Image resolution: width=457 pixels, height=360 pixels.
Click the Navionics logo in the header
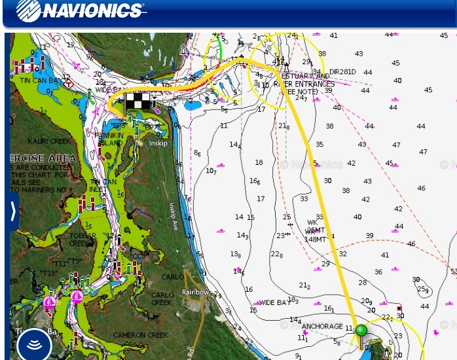80,10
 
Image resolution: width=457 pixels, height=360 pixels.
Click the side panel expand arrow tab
12,211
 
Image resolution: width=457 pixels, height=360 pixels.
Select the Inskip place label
157,143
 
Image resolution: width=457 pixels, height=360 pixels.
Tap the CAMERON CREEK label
141,335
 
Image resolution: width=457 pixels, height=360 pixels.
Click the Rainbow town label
195,292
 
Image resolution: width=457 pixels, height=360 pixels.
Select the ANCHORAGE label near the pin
321,326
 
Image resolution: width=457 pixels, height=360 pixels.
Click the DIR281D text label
342,72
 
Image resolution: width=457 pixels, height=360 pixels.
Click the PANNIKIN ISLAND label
109,139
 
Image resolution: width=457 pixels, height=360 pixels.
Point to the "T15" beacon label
49,273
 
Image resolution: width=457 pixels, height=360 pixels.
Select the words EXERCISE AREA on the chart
43,158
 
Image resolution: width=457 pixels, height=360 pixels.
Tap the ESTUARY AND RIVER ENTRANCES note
302,84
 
